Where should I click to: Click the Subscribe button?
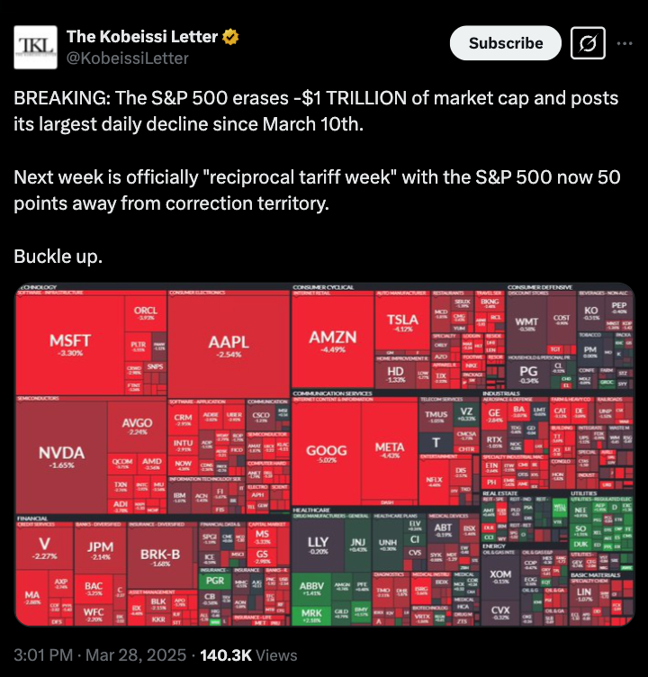[506, 43]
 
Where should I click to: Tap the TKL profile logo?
[33, 47]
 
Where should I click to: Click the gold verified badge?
[231, 37]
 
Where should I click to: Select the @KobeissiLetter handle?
[127, 59]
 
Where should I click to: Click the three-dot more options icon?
[624, 43]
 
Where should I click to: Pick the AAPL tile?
[229, 347]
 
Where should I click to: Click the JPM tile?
[100, 550]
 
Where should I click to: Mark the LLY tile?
[318, 545]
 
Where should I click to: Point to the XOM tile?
[500, 577]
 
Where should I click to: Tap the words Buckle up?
[58, 257]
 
